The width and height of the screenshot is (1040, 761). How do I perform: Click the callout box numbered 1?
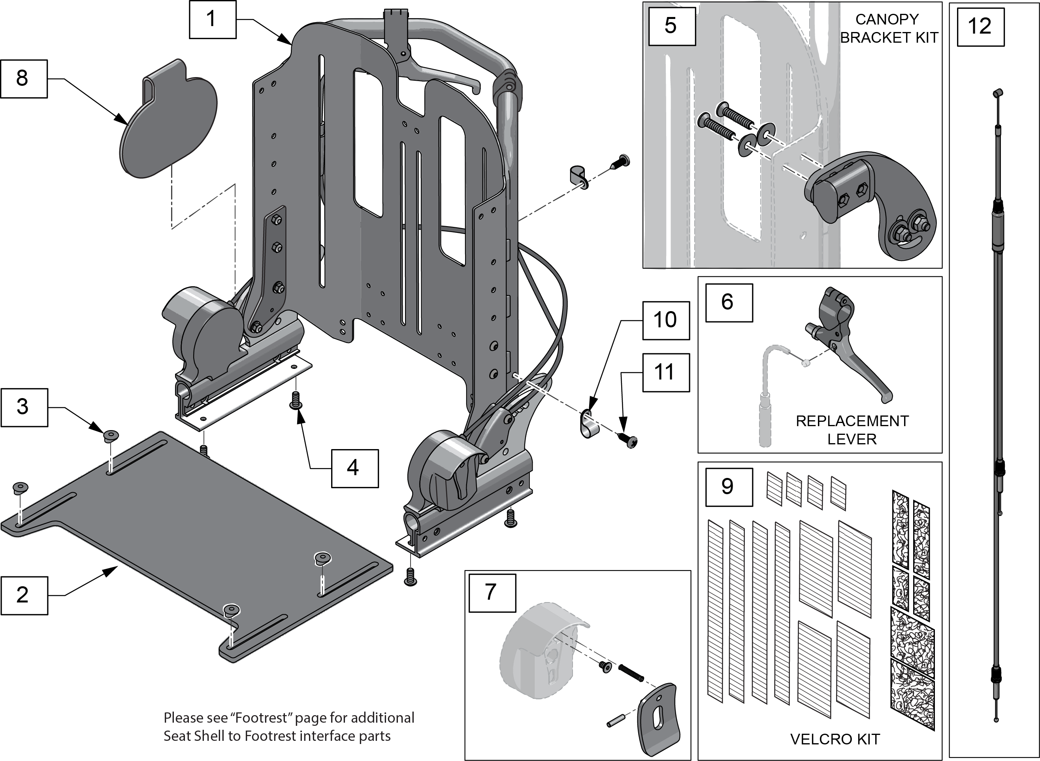pos(212,19)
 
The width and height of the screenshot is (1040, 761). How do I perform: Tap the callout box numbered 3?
pos(24,407)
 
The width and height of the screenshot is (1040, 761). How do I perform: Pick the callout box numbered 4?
pos(354,468)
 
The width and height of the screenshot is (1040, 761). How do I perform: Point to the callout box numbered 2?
pos(24,596)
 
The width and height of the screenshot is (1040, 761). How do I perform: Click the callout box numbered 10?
pos(666,321)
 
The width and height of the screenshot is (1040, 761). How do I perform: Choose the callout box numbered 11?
pos(666,373)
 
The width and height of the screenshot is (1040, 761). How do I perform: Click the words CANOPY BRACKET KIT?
pos(889,28)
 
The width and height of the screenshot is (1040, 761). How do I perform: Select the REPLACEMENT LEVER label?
pos(852,430)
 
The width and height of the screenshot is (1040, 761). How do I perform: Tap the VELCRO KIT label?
pos(835,739)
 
